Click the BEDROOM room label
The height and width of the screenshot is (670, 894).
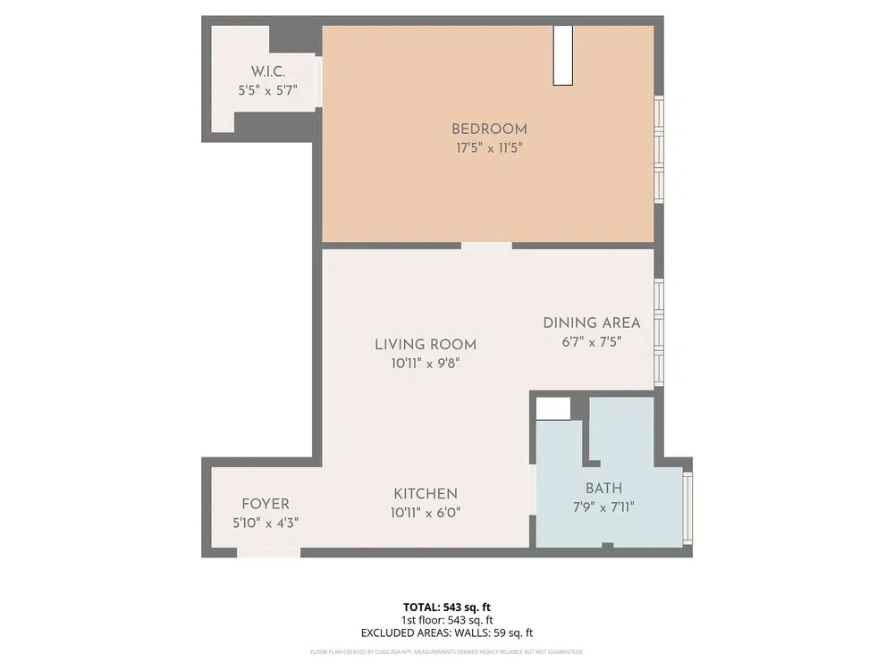click(x=489, y=129)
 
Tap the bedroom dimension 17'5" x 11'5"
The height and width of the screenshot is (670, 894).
click(x=489, y=148)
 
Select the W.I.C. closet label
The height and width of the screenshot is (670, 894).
click(x=266, y=71)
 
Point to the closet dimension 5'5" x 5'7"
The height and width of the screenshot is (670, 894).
click(x=266, y=90)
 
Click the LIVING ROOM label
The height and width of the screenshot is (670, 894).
click(x=425, y=344)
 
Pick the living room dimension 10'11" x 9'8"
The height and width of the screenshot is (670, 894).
click(x=425, y=364)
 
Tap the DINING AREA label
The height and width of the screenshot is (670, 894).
click(x=592, y=322)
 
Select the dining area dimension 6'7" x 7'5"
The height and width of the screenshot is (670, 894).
click(x=592, y=341)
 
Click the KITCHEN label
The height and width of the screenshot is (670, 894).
click(x=426, y=494)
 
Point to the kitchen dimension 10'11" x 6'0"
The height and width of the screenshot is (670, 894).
click(x=426, y=513)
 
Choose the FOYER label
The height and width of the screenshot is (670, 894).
click(x=266, y=504)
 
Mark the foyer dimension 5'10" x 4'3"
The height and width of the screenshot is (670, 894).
click(x=266, y=523)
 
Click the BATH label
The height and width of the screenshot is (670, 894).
click(x=603, y=489)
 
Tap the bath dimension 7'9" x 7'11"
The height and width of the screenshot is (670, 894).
click(x=603, y=507)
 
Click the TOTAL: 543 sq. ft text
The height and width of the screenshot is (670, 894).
click(x=447, y=607)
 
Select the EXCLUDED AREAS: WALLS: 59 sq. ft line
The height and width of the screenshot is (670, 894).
click(x=447, y=633)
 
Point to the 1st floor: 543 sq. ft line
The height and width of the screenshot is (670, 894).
click(x=447, y=620)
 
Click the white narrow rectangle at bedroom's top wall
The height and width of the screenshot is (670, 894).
click(x=562, y=55)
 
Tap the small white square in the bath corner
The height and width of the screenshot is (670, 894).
click(x=552, y=408)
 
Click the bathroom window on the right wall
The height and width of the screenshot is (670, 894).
click(x=687, y=507)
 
